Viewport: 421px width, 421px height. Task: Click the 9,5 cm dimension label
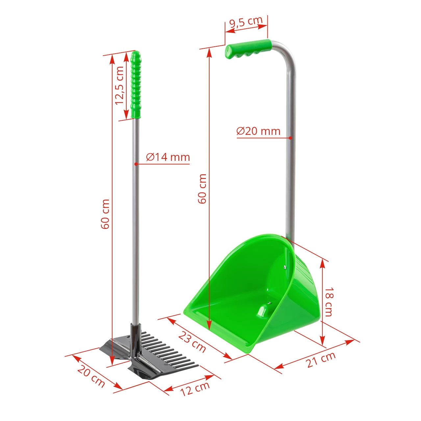tap(246, 22)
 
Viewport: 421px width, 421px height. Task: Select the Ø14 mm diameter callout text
tap(168, 157)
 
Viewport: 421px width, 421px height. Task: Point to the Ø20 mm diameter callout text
tap(258, 131)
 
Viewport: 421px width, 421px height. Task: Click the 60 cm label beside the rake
tap(105, 214)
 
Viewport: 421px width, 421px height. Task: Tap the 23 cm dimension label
tap(192, 342)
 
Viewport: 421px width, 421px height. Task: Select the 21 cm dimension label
tap(321, 359)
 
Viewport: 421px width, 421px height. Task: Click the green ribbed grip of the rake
tap(136, 86)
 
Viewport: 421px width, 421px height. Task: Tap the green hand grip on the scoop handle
tap(249, 49)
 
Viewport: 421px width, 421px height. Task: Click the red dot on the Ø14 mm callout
tap(136, 163)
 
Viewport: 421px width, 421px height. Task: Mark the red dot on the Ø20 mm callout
tap(290, 138)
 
